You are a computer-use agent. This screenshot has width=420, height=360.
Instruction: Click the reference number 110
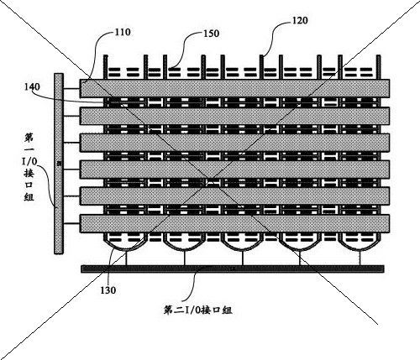(x=123, y=32)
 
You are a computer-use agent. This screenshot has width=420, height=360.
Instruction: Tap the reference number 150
(x=211, y=34)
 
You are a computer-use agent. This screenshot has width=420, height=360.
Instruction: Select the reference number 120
(x=300, y=20)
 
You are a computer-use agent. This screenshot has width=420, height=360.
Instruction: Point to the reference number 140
(x=32, y=86)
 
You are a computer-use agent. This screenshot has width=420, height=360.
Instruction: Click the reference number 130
(x=108, y=290)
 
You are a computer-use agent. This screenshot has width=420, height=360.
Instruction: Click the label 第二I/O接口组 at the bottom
(x=197, y=310)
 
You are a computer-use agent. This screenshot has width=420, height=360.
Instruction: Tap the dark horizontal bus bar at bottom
(x=233, y=269)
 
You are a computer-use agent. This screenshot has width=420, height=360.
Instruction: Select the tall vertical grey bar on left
(x=59, y=164)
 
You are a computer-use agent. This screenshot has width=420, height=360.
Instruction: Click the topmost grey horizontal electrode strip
(x=234, y=88)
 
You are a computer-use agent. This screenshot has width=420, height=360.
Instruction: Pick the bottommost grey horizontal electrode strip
(x=234, y=223)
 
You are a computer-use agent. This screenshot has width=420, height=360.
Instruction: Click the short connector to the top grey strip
(x=71, y=89)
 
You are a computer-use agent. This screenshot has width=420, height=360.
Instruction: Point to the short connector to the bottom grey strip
(x=71, y=223)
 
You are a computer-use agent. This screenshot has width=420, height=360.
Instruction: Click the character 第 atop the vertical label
(x=29, y=138)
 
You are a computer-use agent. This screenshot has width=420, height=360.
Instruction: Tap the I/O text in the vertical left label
(x=29, y=155)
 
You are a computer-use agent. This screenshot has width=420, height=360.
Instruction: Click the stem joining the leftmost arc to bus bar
(x=126, y=258)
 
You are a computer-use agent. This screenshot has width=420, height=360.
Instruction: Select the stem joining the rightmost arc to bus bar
(x=360, y=258)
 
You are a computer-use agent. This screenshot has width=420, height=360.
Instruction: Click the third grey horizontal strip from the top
(x=234, y=143)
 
